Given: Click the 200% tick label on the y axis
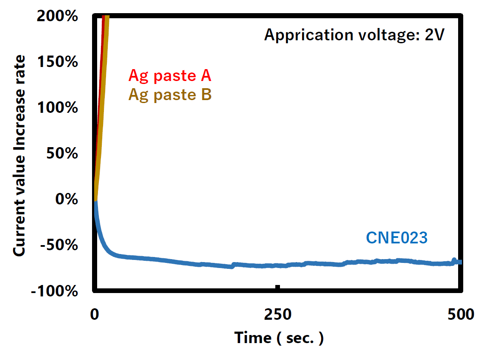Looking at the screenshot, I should point(57,17).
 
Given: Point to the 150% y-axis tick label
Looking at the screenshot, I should point(57,62).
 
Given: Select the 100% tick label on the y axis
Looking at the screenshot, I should point(57,108).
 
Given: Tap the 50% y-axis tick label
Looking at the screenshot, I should point(62,154).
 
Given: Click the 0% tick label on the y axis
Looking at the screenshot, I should point(67,199).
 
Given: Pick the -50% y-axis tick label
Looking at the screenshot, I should point(59,246).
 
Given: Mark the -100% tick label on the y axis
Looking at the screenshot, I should point(54,291).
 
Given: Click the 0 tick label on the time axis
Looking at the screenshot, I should point(95,315).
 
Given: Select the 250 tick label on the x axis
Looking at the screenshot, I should point(278,315).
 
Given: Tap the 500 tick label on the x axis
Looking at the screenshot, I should point(461,315).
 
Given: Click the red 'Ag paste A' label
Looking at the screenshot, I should point(170,76).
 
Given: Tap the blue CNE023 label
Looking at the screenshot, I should point(397,238).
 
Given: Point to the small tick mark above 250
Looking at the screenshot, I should point(278,287).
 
